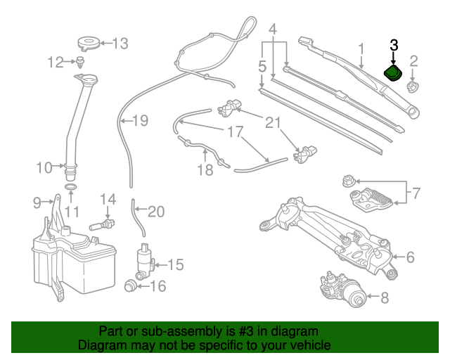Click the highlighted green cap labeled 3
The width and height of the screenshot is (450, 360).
pyautogui.click(x=392, y=73)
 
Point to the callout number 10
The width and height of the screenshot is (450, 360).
pyautogui.click(x=44, y=167)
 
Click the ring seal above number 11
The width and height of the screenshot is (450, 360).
pyautogui.click(x=71, y=188)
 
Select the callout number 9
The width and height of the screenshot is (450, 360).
pyautogui.click(x=37, y=203)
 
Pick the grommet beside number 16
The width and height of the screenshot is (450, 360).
pyautogui.click(x=129, y=285)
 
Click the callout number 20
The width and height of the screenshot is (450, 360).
pyautogui.click(x=155, y=211)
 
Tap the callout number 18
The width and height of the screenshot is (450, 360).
pyautogui.click(x=205, y=170)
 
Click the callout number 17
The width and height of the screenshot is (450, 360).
pyautogui.click(x=234, y=131)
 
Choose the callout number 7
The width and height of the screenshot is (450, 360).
pyautogui.click(x=415, y=191)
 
